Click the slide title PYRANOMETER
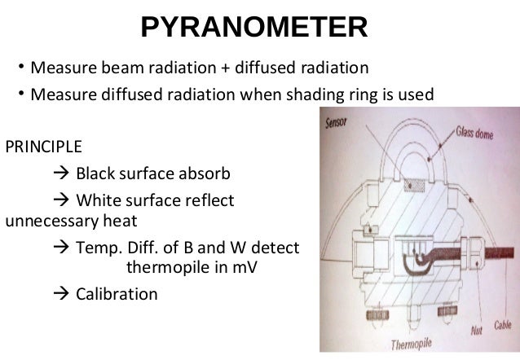pyautogui.click(x=254, y=27)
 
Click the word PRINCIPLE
pyautogui.click(x=44, y=148)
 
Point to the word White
pyautogui.click(x=98, y=200)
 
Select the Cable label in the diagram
pyautogui.click(x=502, y=326)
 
